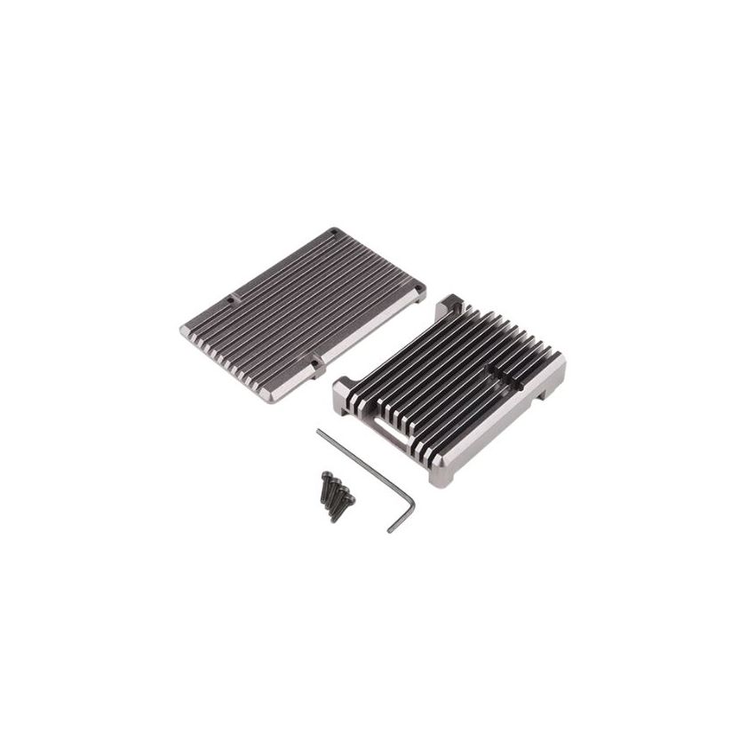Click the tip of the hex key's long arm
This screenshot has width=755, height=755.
click(318, 431)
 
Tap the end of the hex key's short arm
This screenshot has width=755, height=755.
click(391, 530)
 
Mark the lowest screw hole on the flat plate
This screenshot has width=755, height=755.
click(315, 363)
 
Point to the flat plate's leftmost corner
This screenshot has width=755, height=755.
click(181, 330)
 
